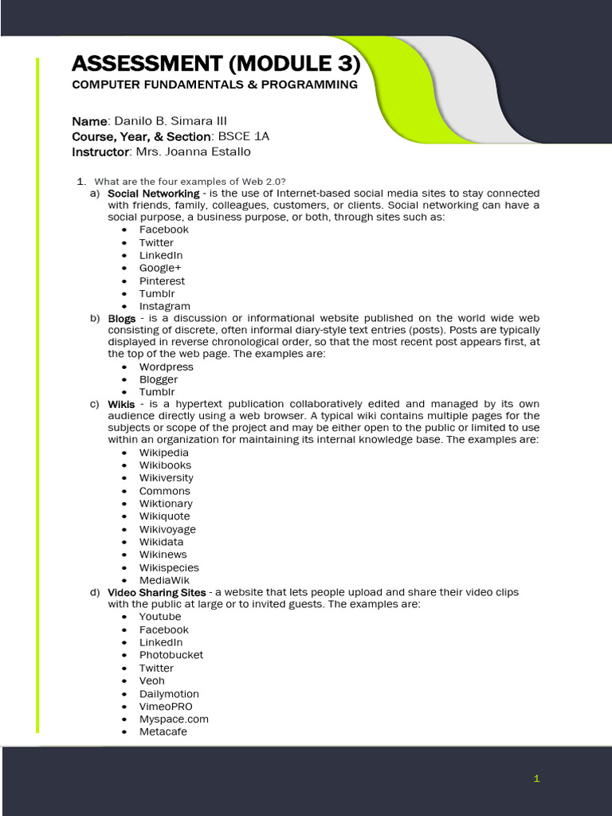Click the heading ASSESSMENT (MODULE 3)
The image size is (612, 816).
(x=216, y=63)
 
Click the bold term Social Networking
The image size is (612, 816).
(x=153, y=193)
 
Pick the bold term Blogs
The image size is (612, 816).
(x=121, y=318)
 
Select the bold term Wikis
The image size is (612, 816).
(x=121, y=404)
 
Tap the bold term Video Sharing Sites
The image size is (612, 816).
(x=156, y=592)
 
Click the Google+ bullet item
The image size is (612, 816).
(x=160, y=268)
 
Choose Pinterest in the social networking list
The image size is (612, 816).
(x=162, y=280)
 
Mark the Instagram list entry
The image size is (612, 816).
(x=164, y=306)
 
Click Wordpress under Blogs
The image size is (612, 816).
(x=166, y=367)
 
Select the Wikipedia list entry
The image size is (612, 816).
(x=164, y=453)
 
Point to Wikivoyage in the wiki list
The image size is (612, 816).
(x=167, y=529)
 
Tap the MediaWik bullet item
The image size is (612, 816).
(x=164, y=580)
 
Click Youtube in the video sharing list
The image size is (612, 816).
(x=160, y=617)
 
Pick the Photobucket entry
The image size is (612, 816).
(x=171, y=655)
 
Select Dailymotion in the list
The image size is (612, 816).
(x=169, y=693)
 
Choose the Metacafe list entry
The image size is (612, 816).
(x=163, y=732)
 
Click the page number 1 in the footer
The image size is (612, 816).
(x=537, y=779)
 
